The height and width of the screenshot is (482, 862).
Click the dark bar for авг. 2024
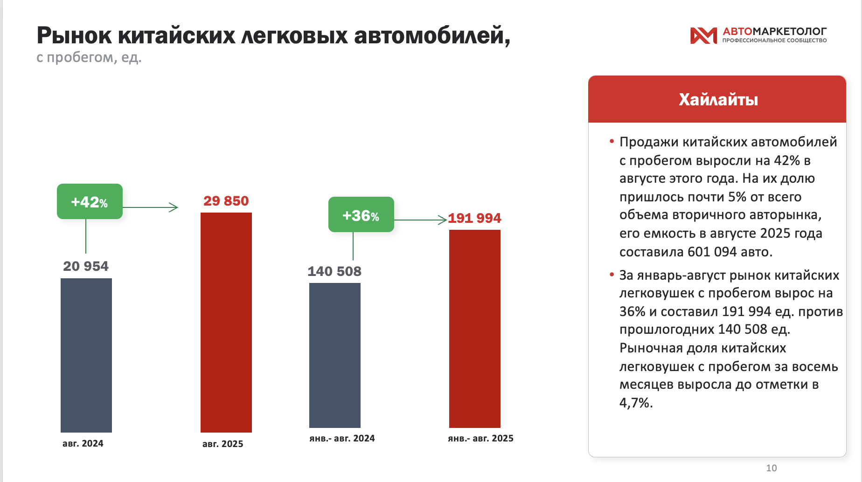click(86, 355)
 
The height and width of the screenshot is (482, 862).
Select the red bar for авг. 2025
click(226, 322)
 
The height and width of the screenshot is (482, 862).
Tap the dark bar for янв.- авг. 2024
click(335, 355)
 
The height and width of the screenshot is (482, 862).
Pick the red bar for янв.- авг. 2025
click(475, 329)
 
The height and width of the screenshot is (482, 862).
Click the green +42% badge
click(90, 201)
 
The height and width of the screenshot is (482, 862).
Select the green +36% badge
click(361, 215)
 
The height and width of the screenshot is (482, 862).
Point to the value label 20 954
click(86, 266)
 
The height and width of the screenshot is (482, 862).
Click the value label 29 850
click(226, 201)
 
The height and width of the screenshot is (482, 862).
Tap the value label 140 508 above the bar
click(334, 271)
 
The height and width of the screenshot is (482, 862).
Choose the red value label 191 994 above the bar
click(474, 218)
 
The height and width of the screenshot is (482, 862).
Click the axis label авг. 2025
click(223, 444)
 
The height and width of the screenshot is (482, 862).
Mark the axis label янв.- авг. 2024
click(342, 438)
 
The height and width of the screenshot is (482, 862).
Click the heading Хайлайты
click(718, 99)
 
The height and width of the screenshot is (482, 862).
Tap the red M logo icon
click(703, 35)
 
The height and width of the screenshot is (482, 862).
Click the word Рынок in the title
click(74, 35)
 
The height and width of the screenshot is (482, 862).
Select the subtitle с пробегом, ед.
click(89, 57)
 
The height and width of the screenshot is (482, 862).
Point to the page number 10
click(772, 468)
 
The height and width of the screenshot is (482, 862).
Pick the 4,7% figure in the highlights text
click(635, 403)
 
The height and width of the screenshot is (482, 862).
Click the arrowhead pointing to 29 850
click(174, 207)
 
